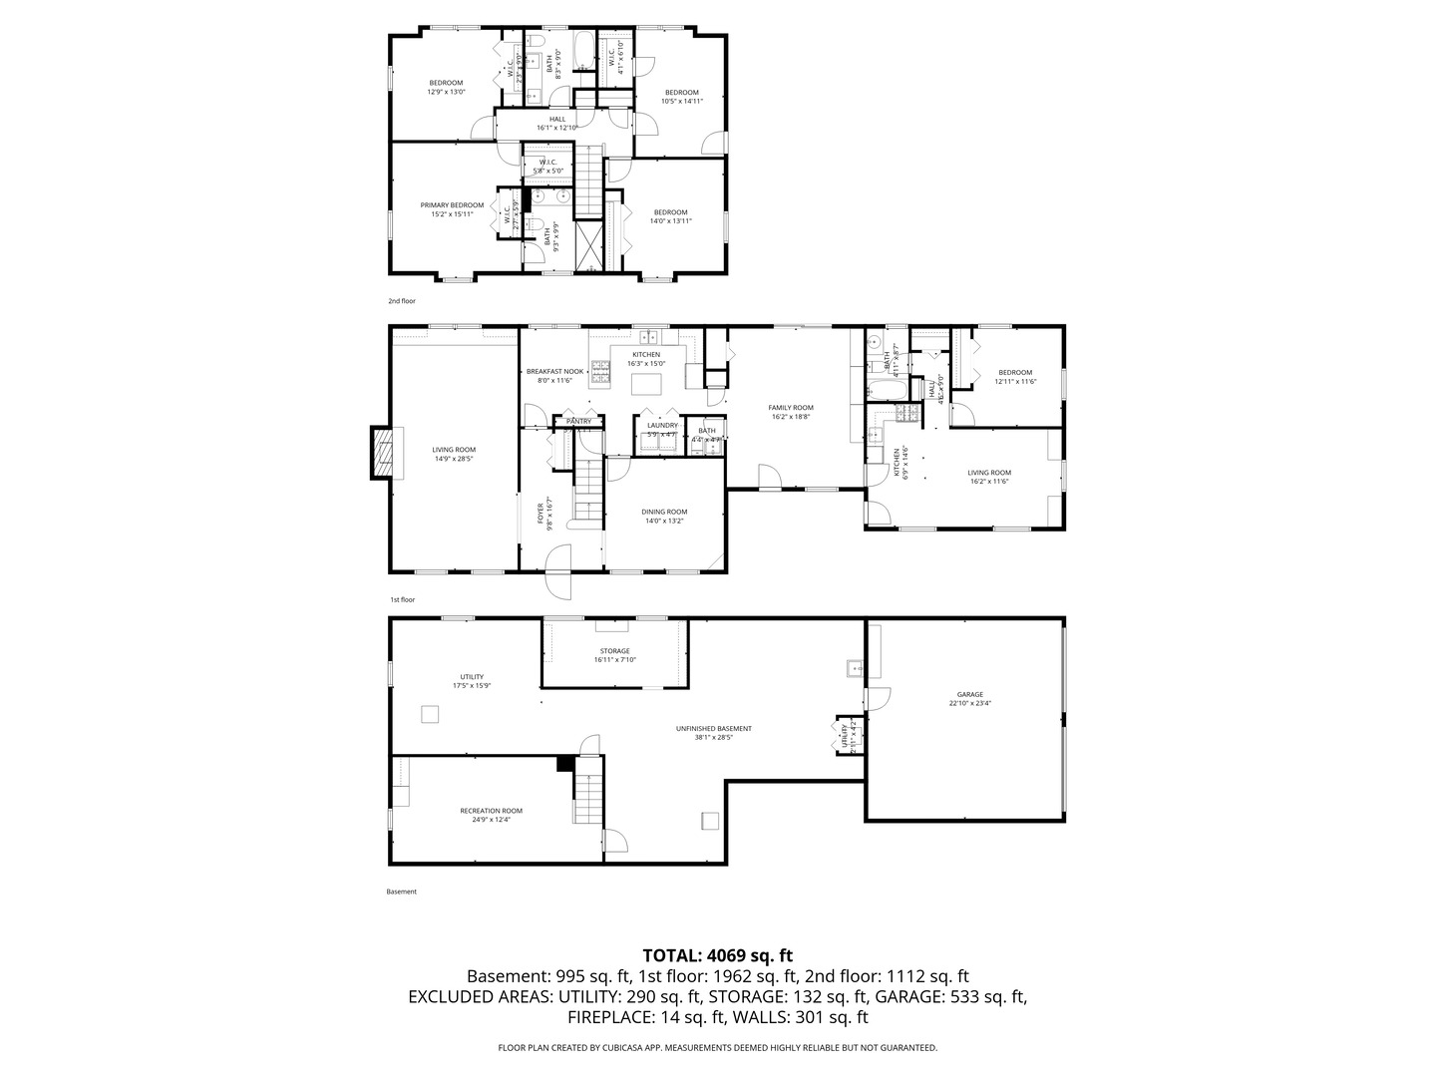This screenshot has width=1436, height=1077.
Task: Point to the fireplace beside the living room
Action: (x=383, y=453)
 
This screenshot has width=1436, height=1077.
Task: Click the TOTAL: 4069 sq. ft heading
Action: (x=717, y=955)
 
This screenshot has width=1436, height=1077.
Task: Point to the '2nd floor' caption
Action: (x=402, y=300)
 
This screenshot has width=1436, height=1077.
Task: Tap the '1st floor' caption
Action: (x=402, y=599)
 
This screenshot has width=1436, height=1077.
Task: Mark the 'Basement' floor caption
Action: (x=401, y=892)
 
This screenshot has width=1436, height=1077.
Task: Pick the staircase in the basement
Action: (x=588, y=799)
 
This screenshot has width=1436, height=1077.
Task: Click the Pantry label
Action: (x=579, y=421)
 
